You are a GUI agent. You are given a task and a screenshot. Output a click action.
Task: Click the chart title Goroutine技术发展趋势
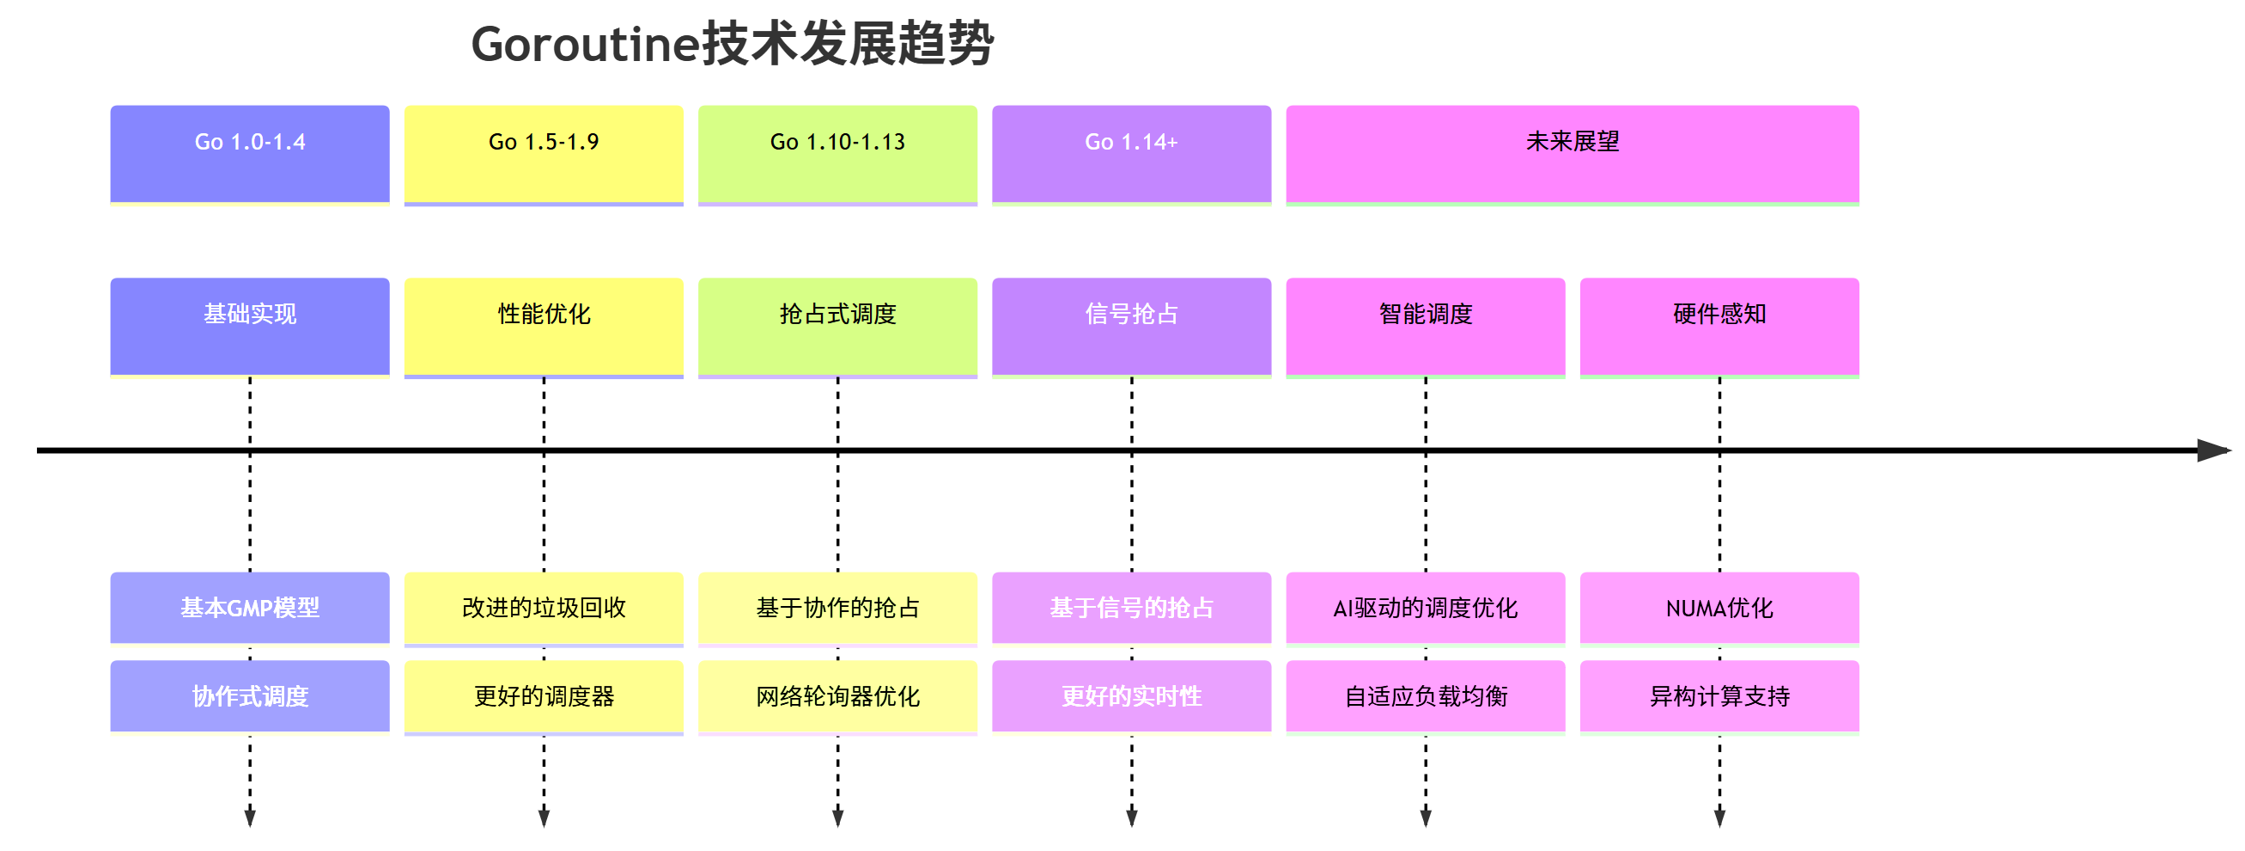point(732,44)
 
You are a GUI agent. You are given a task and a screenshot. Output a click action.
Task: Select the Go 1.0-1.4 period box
point(250,154)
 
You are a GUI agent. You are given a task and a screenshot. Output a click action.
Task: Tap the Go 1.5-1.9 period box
point(544,154)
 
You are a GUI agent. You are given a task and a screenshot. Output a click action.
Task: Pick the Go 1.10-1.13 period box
point(837,154)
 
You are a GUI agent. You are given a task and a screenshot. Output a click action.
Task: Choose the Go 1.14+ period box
point(1131,154)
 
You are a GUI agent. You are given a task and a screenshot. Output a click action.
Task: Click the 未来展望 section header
point(1573,154)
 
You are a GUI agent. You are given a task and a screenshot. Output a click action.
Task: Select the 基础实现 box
point(250,326)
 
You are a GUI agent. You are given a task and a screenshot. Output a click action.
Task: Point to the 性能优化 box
point(544,326)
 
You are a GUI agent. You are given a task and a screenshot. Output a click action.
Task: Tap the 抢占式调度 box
point(837,326)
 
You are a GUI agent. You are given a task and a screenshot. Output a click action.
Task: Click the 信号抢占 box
point(1131,326)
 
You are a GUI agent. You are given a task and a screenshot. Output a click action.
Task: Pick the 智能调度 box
point(1426,326)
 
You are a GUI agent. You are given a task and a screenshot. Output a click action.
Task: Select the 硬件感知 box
point(1719,326)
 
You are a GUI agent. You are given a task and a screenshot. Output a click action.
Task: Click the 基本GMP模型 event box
point(250,608)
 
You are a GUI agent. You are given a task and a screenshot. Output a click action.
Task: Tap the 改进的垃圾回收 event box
point(544,608)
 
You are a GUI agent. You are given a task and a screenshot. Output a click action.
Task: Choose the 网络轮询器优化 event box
point(837,695)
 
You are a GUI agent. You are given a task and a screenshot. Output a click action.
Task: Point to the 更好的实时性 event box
point(1131,695)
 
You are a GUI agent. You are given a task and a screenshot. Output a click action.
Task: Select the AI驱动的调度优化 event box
point(1426,608)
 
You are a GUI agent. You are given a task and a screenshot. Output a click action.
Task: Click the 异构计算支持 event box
point(1719,695)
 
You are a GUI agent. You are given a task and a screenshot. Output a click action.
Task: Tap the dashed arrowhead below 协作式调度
point(250,817)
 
